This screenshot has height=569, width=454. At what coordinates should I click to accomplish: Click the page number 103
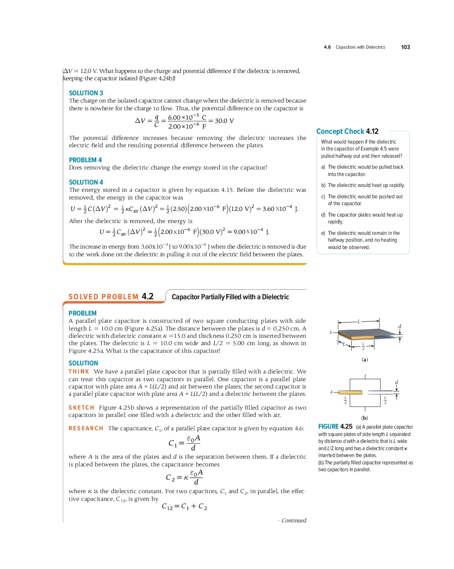pos(405,47)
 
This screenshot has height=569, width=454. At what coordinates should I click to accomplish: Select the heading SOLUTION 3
pos(86,93)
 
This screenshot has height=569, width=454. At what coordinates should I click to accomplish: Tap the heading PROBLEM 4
pos(85,160)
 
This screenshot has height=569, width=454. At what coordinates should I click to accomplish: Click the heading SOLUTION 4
pos(86,182)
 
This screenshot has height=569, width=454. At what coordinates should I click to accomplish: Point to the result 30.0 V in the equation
pos(224,121)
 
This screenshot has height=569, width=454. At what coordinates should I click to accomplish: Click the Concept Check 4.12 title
pos(347,131)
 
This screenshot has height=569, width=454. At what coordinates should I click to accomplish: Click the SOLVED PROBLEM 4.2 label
pos(111,296)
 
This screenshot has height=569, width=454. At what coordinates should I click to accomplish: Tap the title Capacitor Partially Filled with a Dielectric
pos(230,297)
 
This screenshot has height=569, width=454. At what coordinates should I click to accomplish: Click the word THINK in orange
pos(79,371)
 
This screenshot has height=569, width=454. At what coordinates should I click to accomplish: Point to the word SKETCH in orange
pos(81,408)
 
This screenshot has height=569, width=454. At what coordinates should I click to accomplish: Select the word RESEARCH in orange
pos(86,428)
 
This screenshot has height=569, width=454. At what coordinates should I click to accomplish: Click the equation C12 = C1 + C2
pos(184,506)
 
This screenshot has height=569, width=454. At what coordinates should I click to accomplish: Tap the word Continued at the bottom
pos(294,520)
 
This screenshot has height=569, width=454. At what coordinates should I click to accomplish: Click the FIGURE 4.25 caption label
pos(335,427)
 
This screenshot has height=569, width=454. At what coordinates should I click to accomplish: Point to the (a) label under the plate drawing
pos(365,359)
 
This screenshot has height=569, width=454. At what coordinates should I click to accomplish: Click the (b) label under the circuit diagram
pos(365,418)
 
